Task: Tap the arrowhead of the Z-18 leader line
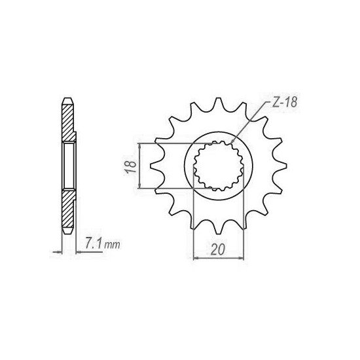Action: pyautogui.click(x=233, y=141)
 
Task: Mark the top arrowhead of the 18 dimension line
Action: pyautogui.click(x=139, y=145)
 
